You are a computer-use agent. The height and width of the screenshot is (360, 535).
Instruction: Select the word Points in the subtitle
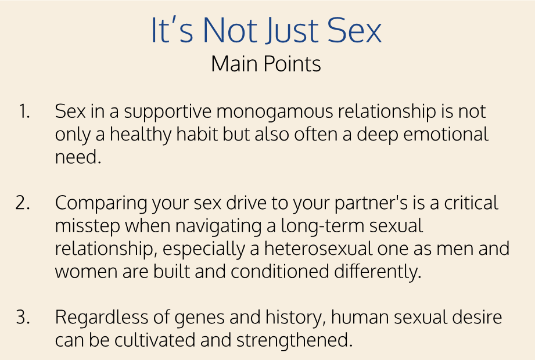point(292,64)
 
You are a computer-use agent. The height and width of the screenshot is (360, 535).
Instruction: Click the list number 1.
point(24,111)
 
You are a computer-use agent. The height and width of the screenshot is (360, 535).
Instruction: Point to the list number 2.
point(23,203)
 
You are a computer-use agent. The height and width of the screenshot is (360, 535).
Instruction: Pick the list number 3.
point(23,317)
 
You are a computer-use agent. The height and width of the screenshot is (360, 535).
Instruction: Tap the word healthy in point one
point(141,135)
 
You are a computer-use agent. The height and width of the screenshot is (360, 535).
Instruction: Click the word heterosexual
point(318,249)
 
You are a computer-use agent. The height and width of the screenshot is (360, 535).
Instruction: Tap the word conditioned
point(280,271)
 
